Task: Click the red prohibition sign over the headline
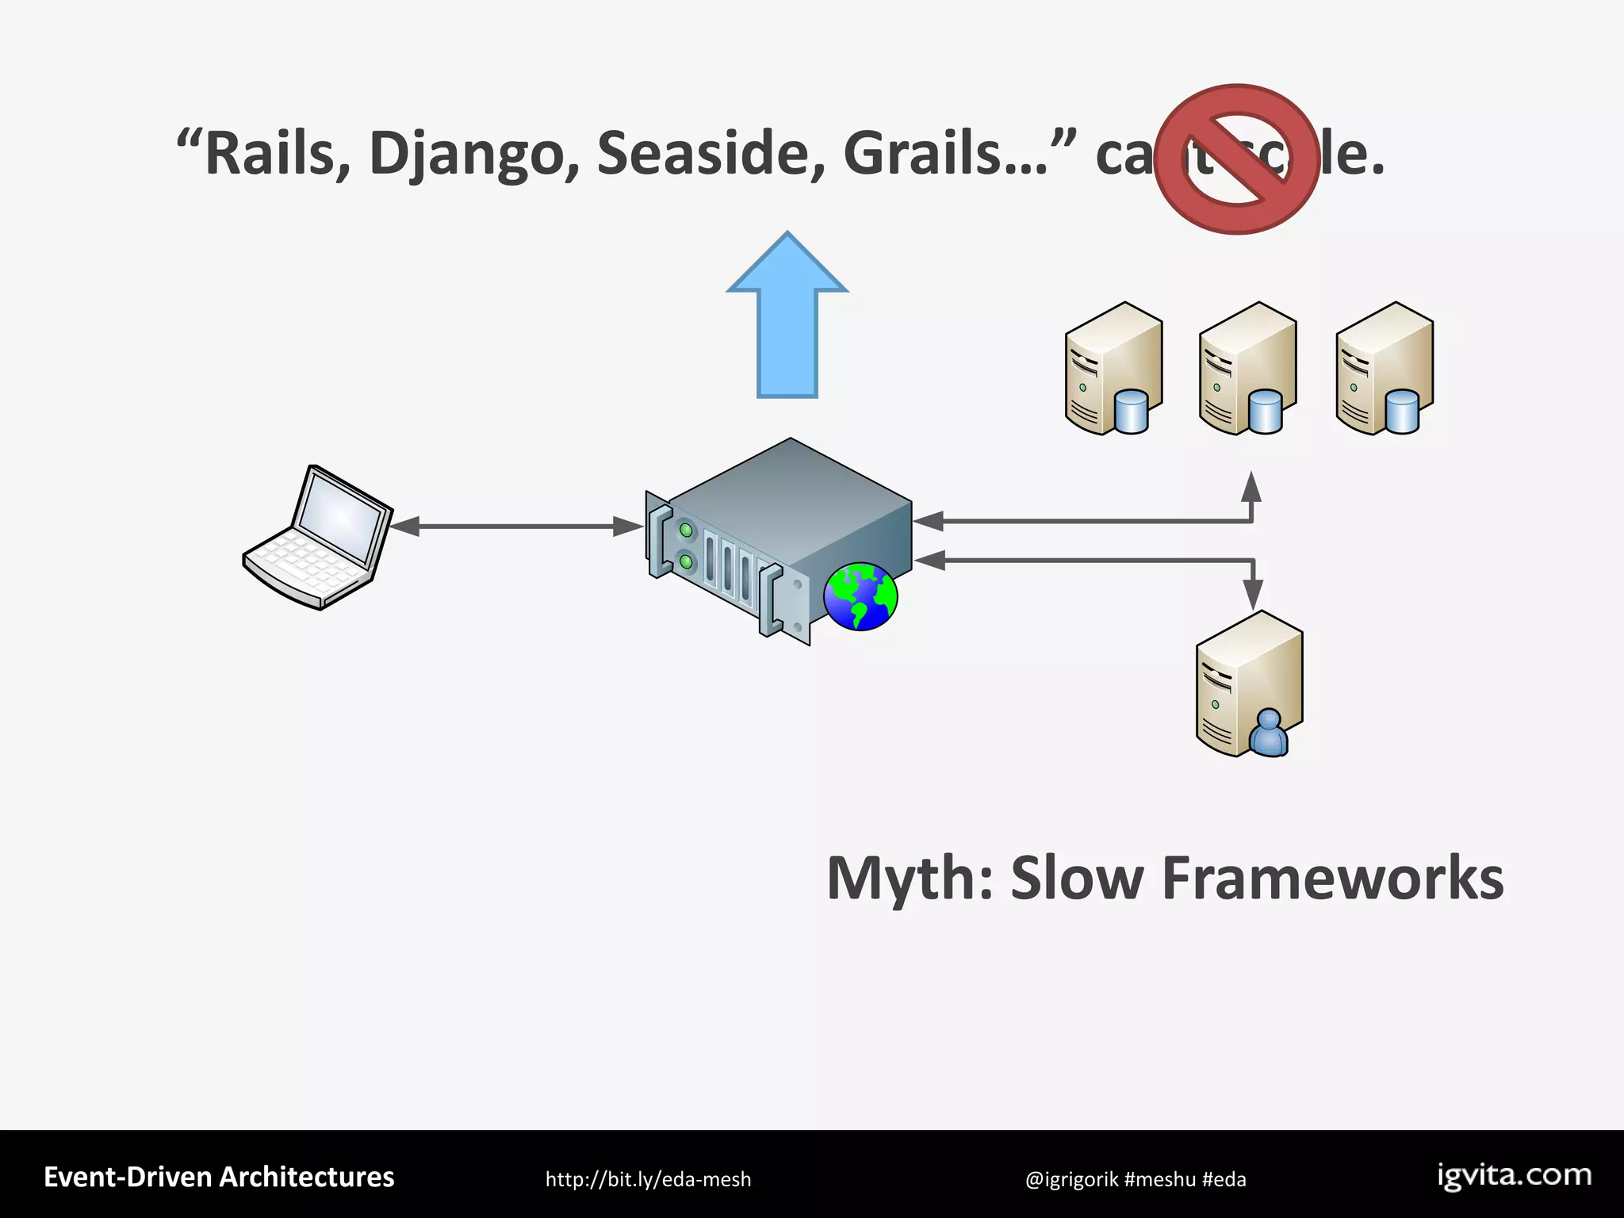1236,159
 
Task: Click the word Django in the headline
474,155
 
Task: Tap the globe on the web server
860,596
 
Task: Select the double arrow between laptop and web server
515,526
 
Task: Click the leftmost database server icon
1113,369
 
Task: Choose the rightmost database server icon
1384,369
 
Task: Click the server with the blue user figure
1249,684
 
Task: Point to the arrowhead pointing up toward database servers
1251,487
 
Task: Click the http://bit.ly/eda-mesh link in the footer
648,1179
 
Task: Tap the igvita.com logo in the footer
1514,1176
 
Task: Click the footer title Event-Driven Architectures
219,1178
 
